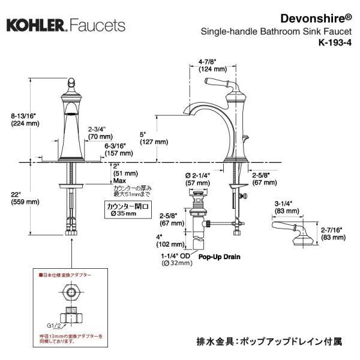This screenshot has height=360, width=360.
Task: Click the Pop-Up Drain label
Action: (x=220, y=257)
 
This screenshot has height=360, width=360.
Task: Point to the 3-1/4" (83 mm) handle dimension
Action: (x=287, y=207)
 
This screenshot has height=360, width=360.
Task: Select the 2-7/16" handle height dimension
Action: (x=331, y=233)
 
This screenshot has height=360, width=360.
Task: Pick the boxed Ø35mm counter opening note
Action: (x=121, y=208)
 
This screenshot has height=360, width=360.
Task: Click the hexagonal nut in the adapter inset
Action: (x=71, y=293)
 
